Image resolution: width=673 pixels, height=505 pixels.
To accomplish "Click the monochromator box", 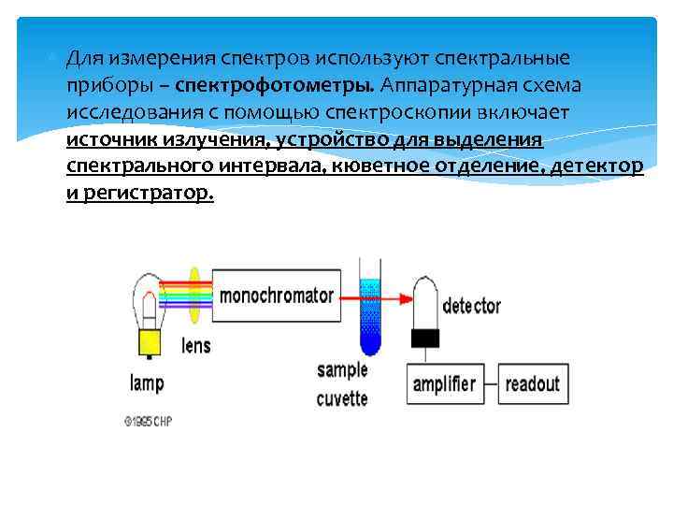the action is (275, 296).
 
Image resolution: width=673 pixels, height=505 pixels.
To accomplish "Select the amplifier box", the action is (443, 384).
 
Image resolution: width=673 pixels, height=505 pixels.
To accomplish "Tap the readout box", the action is (532, 384).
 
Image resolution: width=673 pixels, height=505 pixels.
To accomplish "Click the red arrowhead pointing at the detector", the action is (407, 298).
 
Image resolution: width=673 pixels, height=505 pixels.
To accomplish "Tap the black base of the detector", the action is (426, 339).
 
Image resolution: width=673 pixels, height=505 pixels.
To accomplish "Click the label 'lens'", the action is (196, 345).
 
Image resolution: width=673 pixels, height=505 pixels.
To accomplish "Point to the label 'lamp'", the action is (148, 382).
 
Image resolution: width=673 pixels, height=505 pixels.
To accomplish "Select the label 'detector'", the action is (471, 306).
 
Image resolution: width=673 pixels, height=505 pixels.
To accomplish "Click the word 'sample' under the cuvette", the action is (342, 369).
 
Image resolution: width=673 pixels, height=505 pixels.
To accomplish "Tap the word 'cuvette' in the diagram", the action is (342, 398).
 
